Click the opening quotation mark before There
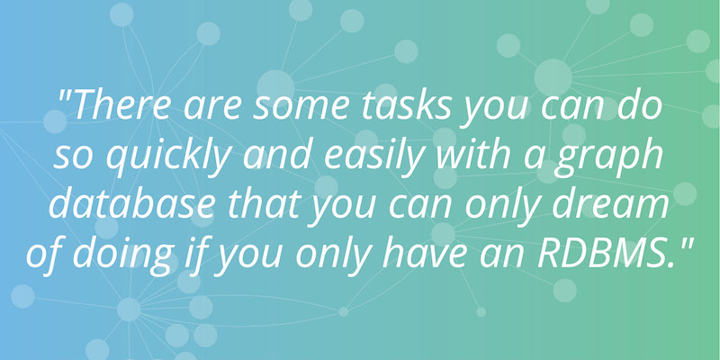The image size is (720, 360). (x=65, y=95)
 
